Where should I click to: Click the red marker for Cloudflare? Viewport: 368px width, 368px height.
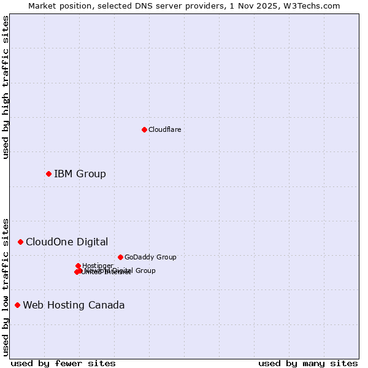(x=144, y=129)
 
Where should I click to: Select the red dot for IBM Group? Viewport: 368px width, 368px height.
(x=48, y=174)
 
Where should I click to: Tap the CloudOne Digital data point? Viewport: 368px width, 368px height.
(x=20, y=242)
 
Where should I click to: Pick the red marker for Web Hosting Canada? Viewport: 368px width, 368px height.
(x=17, y=305)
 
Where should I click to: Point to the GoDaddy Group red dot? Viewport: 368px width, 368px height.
(x=120, y=257)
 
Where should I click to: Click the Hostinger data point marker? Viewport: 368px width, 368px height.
(x=78, y=266)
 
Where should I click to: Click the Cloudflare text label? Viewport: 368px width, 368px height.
(x=164, y=129)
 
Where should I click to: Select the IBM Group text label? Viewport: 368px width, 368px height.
(x=80, y=174)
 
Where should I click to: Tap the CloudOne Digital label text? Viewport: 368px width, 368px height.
(x=67, y=242)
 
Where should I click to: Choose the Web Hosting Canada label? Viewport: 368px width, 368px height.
(x=74, y=305)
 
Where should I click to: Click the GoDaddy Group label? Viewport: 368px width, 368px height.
(x=150, y=257)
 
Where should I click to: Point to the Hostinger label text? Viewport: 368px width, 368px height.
(x=98, y=266)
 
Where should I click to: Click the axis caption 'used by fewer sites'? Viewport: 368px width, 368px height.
(x=63, y=363)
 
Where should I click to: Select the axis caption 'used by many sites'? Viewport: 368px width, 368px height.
(x=308, y=363)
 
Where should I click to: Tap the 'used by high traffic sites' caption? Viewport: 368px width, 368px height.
(x=6, y=87)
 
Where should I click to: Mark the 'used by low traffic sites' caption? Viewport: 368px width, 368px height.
(x=6, y=286)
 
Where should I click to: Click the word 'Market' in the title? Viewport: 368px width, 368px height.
(x=43, y=6)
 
